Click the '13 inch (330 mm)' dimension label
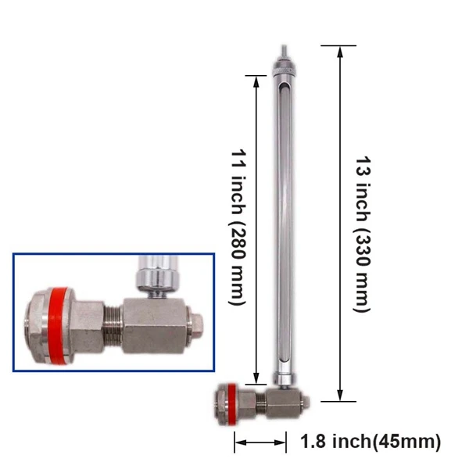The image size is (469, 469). pyautogui.click(x=361, y=227)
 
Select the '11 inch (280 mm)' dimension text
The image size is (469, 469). pyautogui.click(x=237, y=227)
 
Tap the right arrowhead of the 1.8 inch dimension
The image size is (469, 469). pyautogui.click(x=287, y=442)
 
